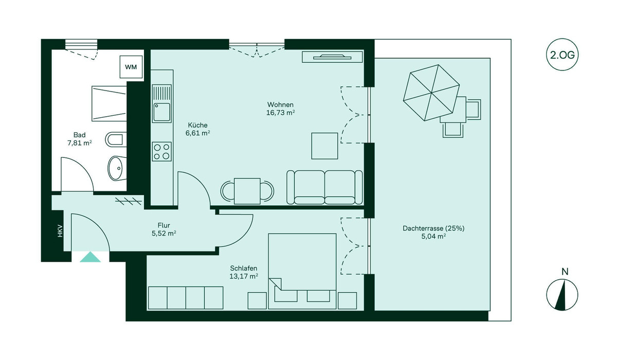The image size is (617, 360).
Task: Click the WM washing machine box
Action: click(x=132, y=67)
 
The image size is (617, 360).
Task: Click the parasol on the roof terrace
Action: click(x=431, y=93)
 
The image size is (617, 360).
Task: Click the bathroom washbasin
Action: click(x=118, y=167)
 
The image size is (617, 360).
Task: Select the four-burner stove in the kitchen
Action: click(x=161, y=152)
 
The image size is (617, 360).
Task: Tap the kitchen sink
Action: click(x=162, y=112)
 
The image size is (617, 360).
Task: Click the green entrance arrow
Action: click(x=90, y=257)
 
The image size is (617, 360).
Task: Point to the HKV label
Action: click(x=60, y=231)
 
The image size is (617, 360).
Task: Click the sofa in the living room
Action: click(x=324, y=187)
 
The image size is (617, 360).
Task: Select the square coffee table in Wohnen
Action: click(x=324, y=146)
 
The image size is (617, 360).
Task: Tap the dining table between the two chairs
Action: click(x=247, y=190)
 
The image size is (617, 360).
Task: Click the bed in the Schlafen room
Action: click(x=302, y=267)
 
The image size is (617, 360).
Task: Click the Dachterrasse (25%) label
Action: click(x=433, y=228)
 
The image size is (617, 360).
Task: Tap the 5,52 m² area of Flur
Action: click(x=164, y=233)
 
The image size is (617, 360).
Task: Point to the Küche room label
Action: click(x=197, y=125)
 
